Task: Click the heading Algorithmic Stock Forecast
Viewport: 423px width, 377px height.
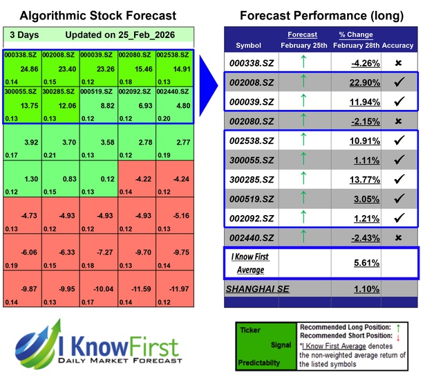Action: click(97, 15)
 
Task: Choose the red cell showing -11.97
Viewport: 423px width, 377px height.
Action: click(174, 288)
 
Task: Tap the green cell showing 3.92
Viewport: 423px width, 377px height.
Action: click(22, 142)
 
